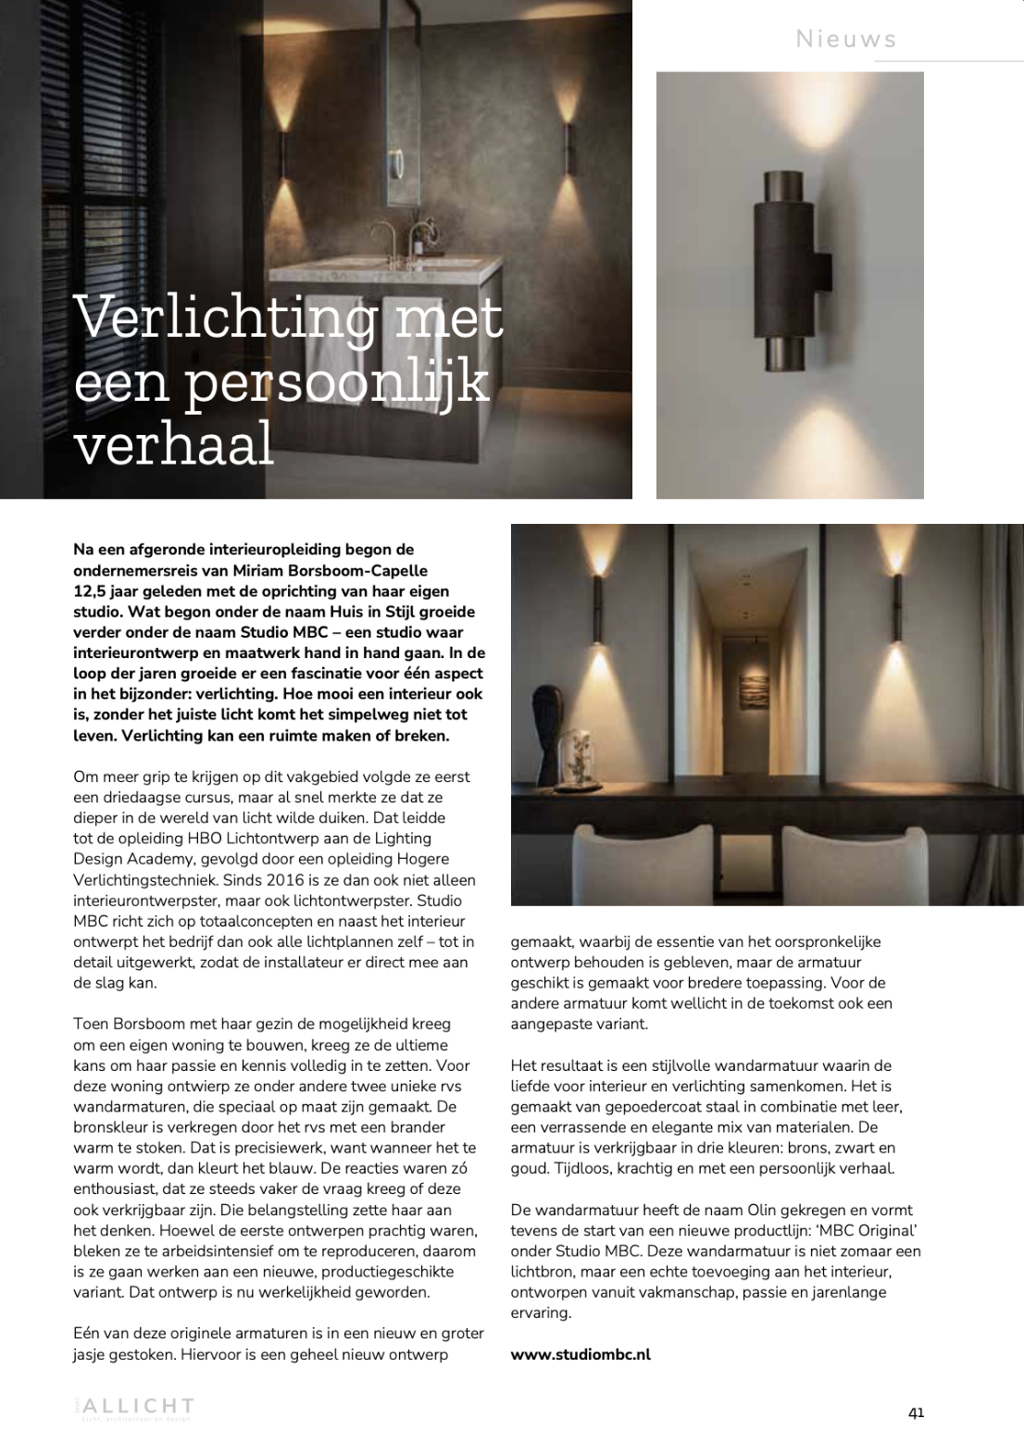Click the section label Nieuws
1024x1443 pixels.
(x=846, y=39)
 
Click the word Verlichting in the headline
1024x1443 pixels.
(x=225, y=317)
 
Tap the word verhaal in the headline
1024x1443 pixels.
(x=173, y=442)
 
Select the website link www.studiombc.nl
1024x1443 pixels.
(x=581, y=1354)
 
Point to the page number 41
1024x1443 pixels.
(x=916, y=1412)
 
